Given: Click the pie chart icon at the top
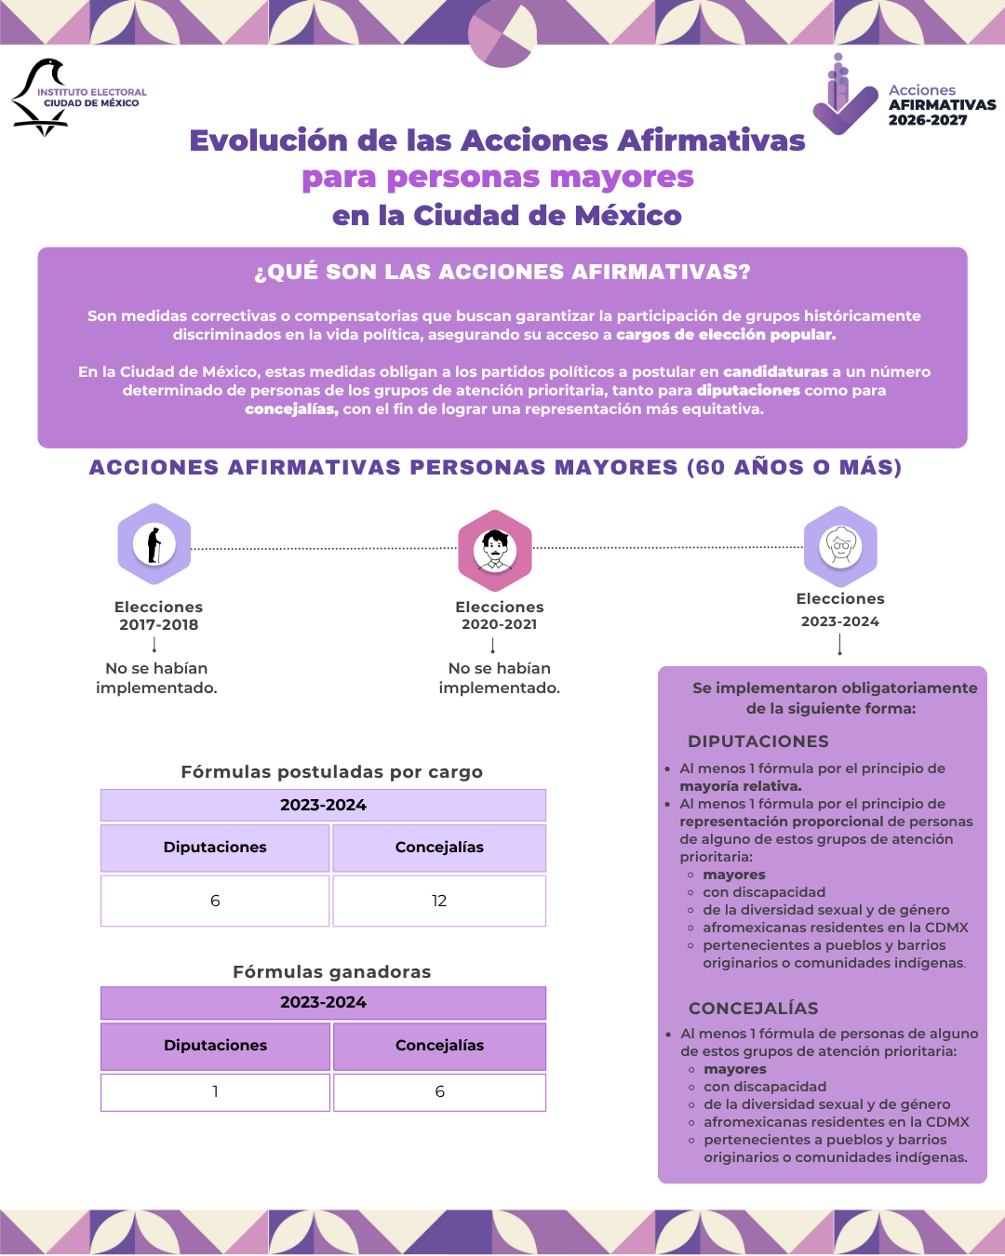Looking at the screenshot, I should click(x=502, y=33).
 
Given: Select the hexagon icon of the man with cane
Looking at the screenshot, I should click(x=154, y=544).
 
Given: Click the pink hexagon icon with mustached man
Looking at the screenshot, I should click(x=495, y=551).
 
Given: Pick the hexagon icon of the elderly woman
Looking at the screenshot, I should click(x=840, y=547).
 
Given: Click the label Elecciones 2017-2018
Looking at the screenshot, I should click(x=158, y=616).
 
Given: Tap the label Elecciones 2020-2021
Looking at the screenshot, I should click(x=500, y=616).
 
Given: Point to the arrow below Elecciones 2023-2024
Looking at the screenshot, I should click(x=840, y=645).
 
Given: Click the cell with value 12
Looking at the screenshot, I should click(x=439, y=901).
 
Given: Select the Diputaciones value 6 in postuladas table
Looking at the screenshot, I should click(x=215, y=901).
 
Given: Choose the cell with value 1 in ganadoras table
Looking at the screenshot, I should click(x=215, y=1091).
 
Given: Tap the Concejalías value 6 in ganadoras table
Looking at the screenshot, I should click(x=439, y=1091).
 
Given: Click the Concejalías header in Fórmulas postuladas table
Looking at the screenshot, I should click(x=439, y=848).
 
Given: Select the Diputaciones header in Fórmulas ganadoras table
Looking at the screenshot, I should click(x=215, y=1046).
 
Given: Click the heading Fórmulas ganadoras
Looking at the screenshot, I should click(x=332, y=972).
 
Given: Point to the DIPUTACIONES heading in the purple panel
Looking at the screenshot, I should click(x=758, y=742).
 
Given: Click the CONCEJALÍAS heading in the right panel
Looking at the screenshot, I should click(x=754, y=1009).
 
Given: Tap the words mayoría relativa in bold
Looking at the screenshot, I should click(x=741, y=786).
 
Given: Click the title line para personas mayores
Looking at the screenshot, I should click(x=498, y=177).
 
